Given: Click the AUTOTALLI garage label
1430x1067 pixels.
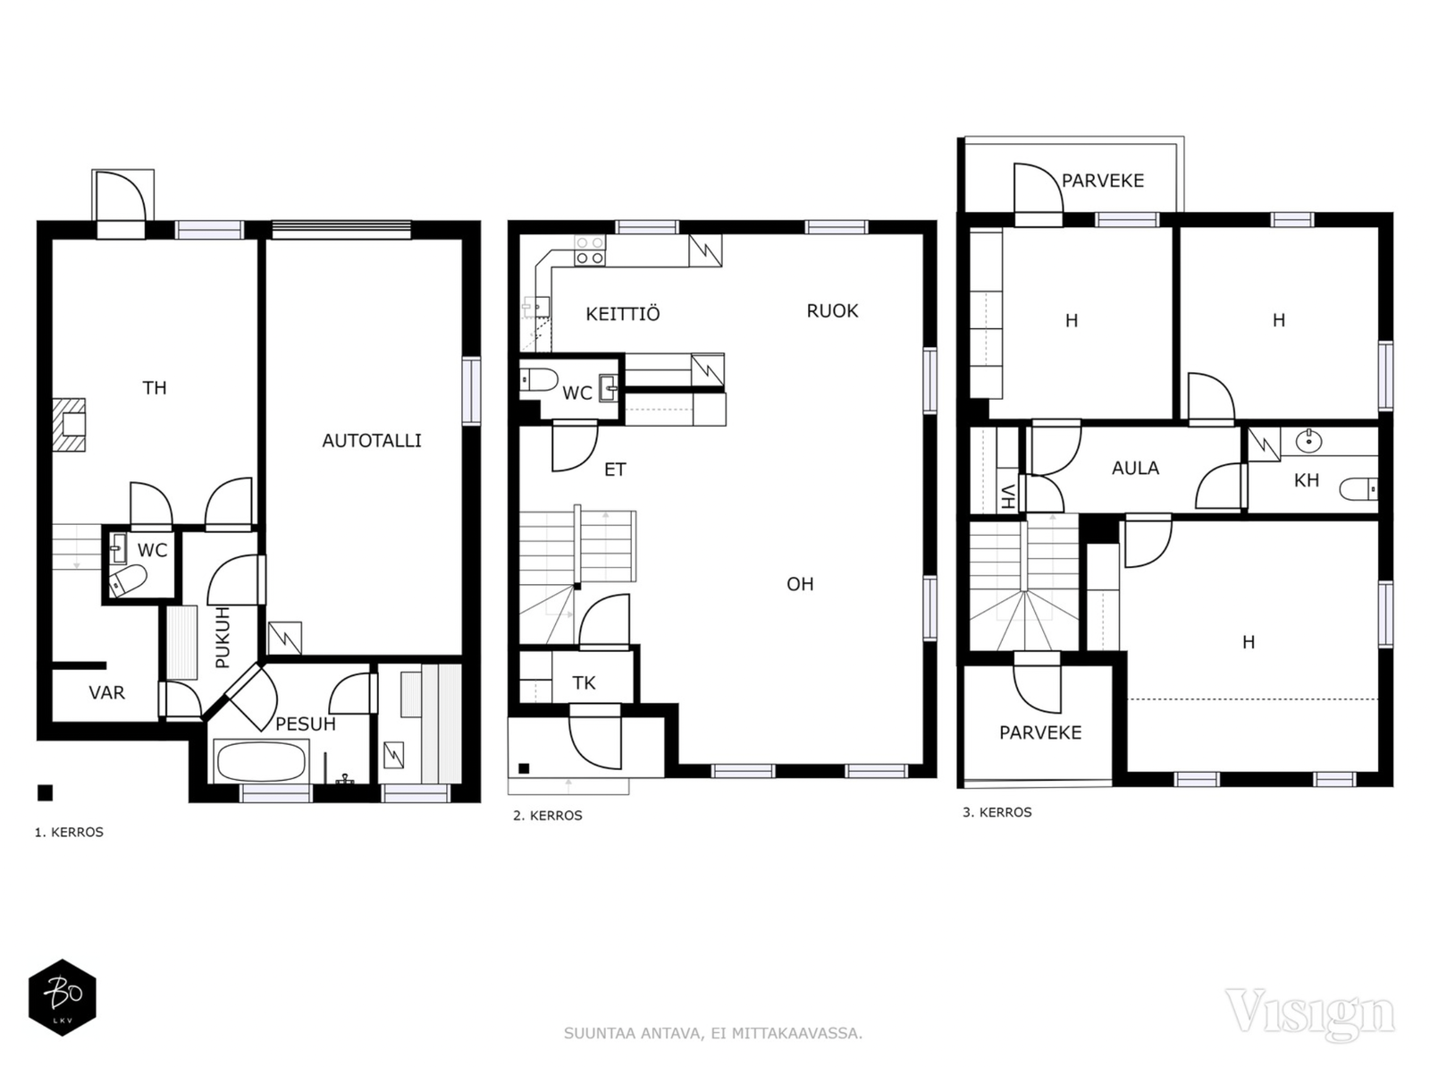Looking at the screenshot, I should pos(371,440).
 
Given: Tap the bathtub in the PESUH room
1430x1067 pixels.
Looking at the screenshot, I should pos(261,762).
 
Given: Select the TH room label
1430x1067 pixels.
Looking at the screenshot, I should pos(155,387).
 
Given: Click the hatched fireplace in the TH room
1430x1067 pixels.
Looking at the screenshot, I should pos(69,424).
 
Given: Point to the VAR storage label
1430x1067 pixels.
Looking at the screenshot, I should pos(106,692).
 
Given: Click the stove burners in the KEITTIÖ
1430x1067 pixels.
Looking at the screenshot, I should pos(589,250).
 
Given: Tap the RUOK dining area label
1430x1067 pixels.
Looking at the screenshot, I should pos(832,310).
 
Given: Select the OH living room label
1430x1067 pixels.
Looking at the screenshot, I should pos(800,584).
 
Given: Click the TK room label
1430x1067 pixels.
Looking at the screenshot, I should pos(584,683).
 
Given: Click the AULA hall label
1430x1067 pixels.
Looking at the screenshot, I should pos(1135,468).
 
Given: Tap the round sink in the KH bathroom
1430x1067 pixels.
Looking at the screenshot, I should pos(1308,440).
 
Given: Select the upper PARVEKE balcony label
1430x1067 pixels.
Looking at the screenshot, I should pos(1102,181).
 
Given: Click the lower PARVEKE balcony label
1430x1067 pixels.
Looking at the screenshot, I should pos(1040,733).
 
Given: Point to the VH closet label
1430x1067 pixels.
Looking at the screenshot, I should pos(1008,496).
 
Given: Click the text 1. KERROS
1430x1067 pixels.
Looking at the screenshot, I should pos(69,832).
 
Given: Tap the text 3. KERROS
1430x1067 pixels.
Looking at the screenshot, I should pos(997,812).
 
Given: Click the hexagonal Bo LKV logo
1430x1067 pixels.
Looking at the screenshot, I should pos(62,997).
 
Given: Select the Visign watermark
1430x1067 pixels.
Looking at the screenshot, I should pos(1309,1013).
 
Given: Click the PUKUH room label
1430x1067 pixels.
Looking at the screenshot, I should pos(223,637).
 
